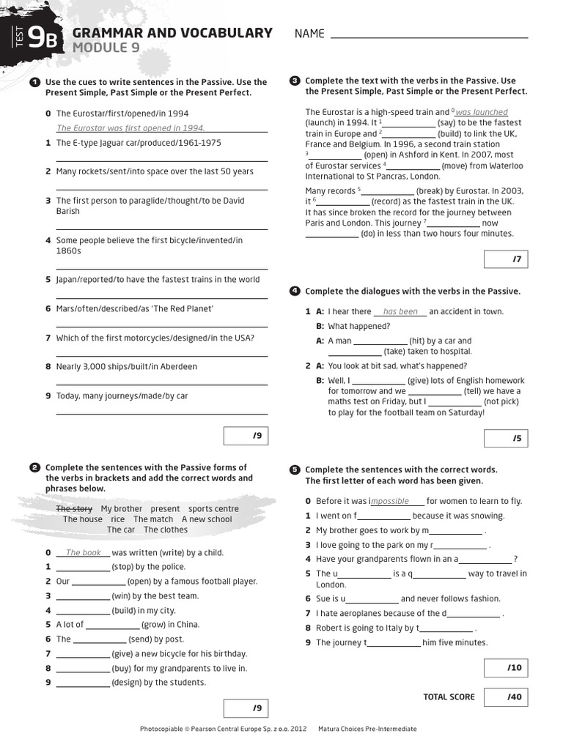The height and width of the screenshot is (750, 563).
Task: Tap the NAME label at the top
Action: pyautogui.click(x=309, y=34)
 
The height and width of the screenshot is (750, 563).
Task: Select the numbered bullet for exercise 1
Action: pyautogui.click(x=34, y=83)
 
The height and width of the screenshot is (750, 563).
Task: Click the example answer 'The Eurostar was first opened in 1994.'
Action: pyautogui.click(x=130, y=127)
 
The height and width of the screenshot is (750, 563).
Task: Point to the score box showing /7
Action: pyautogui.click(x=505, y=259)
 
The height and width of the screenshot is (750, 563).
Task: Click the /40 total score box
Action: pyautogui.click(x=505, y=697)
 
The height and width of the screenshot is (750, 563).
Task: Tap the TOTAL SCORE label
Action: pyautogui.click(x=449, y=697)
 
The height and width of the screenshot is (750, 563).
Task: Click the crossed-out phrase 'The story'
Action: pyautogui.click(x=74, y=508)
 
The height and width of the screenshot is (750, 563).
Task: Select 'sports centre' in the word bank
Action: pyautogui.click(x=213, y=508)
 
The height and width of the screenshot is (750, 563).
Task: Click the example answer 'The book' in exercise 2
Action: pyautogui.click(x=83, y=553)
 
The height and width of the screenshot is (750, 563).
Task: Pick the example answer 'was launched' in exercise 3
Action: pyautogui.click(x=482, y=112)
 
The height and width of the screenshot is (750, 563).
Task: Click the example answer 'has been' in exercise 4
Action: pyautogui.click(x=400, y=311)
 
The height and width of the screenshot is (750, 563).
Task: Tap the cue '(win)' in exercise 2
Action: pyautogui.click(x=122, y=596)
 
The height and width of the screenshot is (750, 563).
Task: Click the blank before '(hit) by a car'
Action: pyautogui.click(x=380, y=341)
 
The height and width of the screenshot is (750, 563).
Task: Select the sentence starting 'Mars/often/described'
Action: pyautogui.click(x=134, y=308)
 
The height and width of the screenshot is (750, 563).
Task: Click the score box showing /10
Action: pyautogui.click(x=505, y=667)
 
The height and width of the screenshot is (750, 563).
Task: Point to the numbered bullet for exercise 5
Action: pyautogui.click(x=295, y=469)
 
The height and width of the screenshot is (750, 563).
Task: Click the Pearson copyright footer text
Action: pyautogui.click(x=223, y=729)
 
